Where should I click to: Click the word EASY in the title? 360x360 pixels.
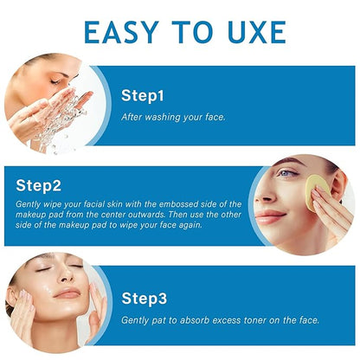(122, 32)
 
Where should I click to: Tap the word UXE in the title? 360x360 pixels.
(257, 32)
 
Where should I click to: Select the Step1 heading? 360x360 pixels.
(143, 95)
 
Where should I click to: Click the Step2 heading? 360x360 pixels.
(39, 185)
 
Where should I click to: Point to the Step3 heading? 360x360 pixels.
(145, 299)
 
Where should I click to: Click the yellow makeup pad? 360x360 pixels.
(317, 191)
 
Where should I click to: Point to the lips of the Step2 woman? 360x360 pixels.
(269, 217)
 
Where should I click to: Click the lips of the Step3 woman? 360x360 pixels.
(67, 292)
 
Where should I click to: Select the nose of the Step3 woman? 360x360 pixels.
(66, 274)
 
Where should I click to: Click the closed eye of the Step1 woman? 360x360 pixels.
(55, 82)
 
